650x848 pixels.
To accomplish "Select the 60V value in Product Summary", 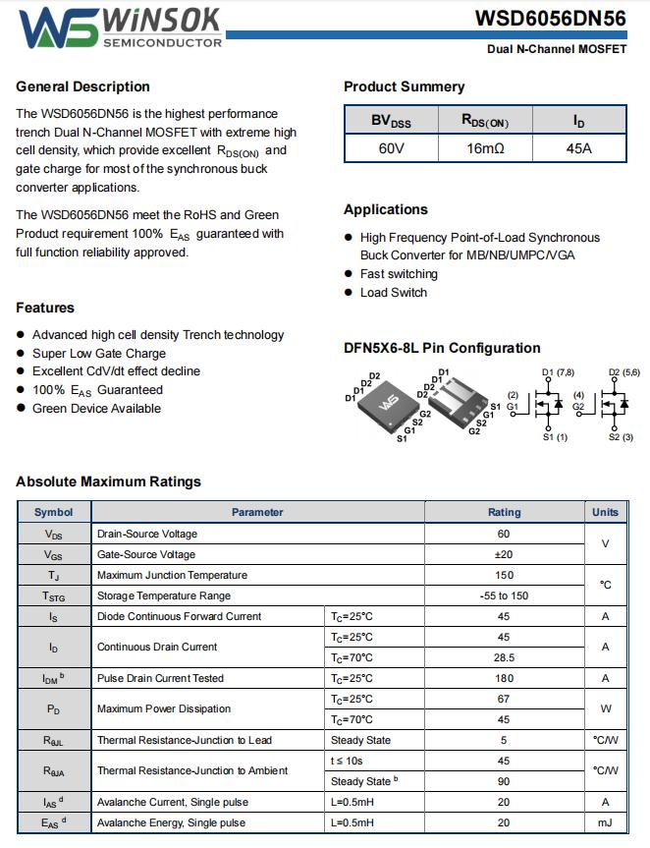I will click(x=391, y=148).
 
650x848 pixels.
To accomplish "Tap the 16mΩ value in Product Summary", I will click(x=485, y=148).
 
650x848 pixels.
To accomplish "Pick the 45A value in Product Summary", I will click(x=579, y=148).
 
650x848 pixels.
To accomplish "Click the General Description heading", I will click(x=83, y=86).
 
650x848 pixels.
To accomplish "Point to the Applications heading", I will click(x=386, y=209).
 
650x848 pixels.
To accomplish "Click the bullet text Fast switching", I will click(x=399, y=274).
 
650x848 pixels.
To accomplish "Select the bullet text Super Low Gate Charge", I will click(x=99, y=354).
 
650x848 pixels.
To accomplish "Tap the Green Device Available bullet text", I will click(x=96, y=409).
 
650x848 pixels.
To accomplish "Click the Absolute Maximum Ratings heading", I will click(x=108, y=481).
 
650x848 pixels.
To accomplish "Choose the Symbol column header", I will click(x=53, y=512).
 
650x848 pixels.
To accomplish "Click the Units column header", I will click(x=606, y=512).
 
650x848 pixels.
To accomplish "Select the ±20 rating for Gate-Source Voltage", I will click(x=504, y=554).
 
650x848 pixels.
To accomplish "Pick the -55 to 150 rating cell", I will click(x=504, y=595).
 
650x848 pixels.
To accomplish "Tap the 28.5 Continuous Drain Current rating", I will click(x=504, y=657).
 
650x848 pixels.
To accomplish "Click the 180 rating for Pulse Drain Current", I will click(x=504, y=678).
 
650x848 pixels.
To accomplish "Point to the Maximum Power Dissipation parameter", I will click(x=164, y=708).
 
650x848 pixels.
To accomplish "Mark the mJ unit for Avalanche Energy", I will click(x=606, y=822).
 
